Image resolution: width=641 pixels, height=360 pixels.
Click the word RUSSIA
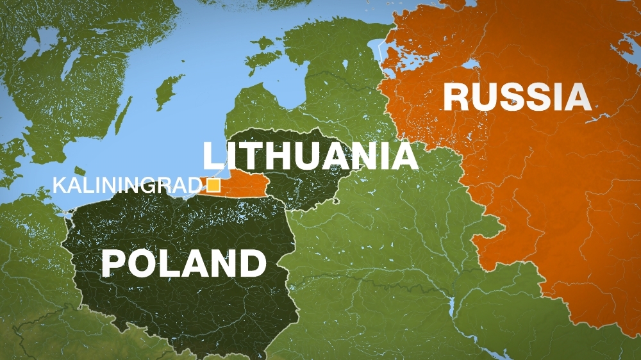(516, 97)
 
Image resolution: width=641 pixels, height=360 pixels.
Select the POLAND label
(183, 263)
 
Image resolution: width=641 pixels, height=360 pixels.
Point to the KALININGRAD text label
(126, 186)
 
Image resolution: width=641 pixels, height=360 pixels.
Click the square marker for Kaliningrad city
(213, 186)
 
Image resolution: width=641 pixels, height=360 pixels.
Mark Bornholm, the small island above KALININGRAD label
(79, 171)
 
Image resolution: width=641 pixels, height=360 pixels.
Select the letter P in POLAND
(113, 263)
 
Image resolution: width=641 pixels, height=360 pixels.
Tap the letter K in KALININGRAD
(58, 186)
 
